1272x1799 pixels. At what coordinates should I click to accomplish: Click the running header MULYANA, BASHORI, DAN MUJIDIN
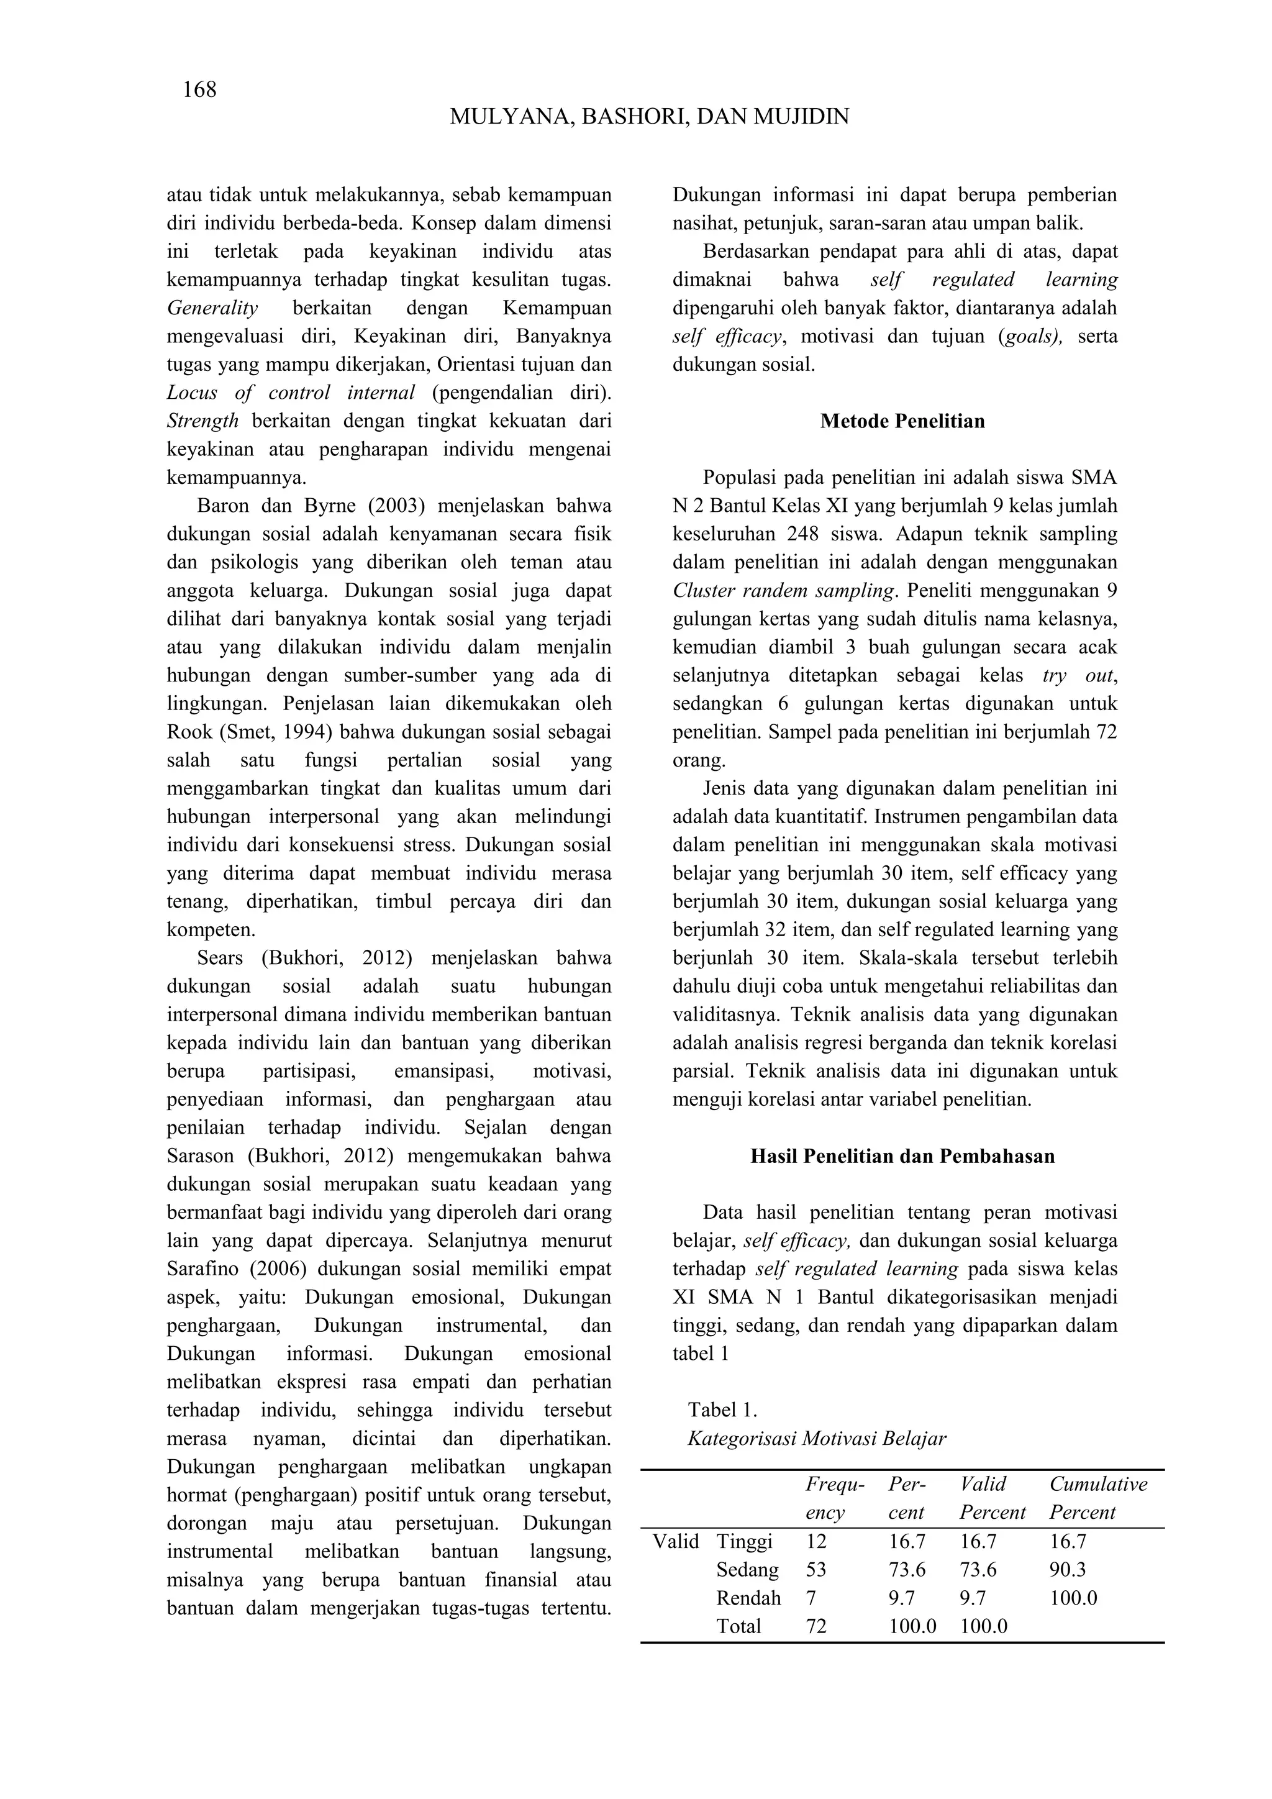pos(649,117)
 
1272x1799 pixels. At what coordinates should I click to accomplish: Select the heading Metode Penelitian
pos(902,422)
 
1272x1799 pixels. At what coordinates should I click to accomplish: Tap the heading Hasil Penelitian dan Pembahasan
pos(902,1157)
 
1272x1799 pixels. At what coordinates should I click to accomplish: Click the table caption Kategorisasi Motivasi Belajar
pos(817,1439)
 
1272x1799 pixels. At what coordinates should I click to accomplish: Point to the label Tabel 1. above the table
pos(722,1410)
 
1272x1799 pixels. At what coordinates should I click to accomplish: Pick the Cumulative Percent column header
pos(1098,1498)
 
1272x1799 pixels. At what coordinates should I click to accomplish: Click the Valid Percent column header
pos(993,1498)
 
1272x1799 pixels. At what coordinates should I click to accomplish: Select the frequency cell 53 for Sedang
pos(816,1569)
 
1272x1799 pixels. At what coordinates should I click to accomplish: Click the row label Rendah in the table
pos(748,1598)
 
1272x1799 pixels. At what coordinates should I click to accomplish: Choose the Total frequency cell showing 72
pos(816,1626)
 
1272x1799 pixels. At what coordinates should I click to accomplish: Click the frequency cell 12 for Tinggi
pos(816,1541)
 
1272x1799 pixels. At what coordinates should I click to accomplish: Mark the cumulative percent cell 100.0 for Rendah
pos(1073,1598)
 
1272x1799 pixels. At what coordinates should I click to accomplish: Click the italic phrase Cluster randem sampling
pos(783,591)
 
